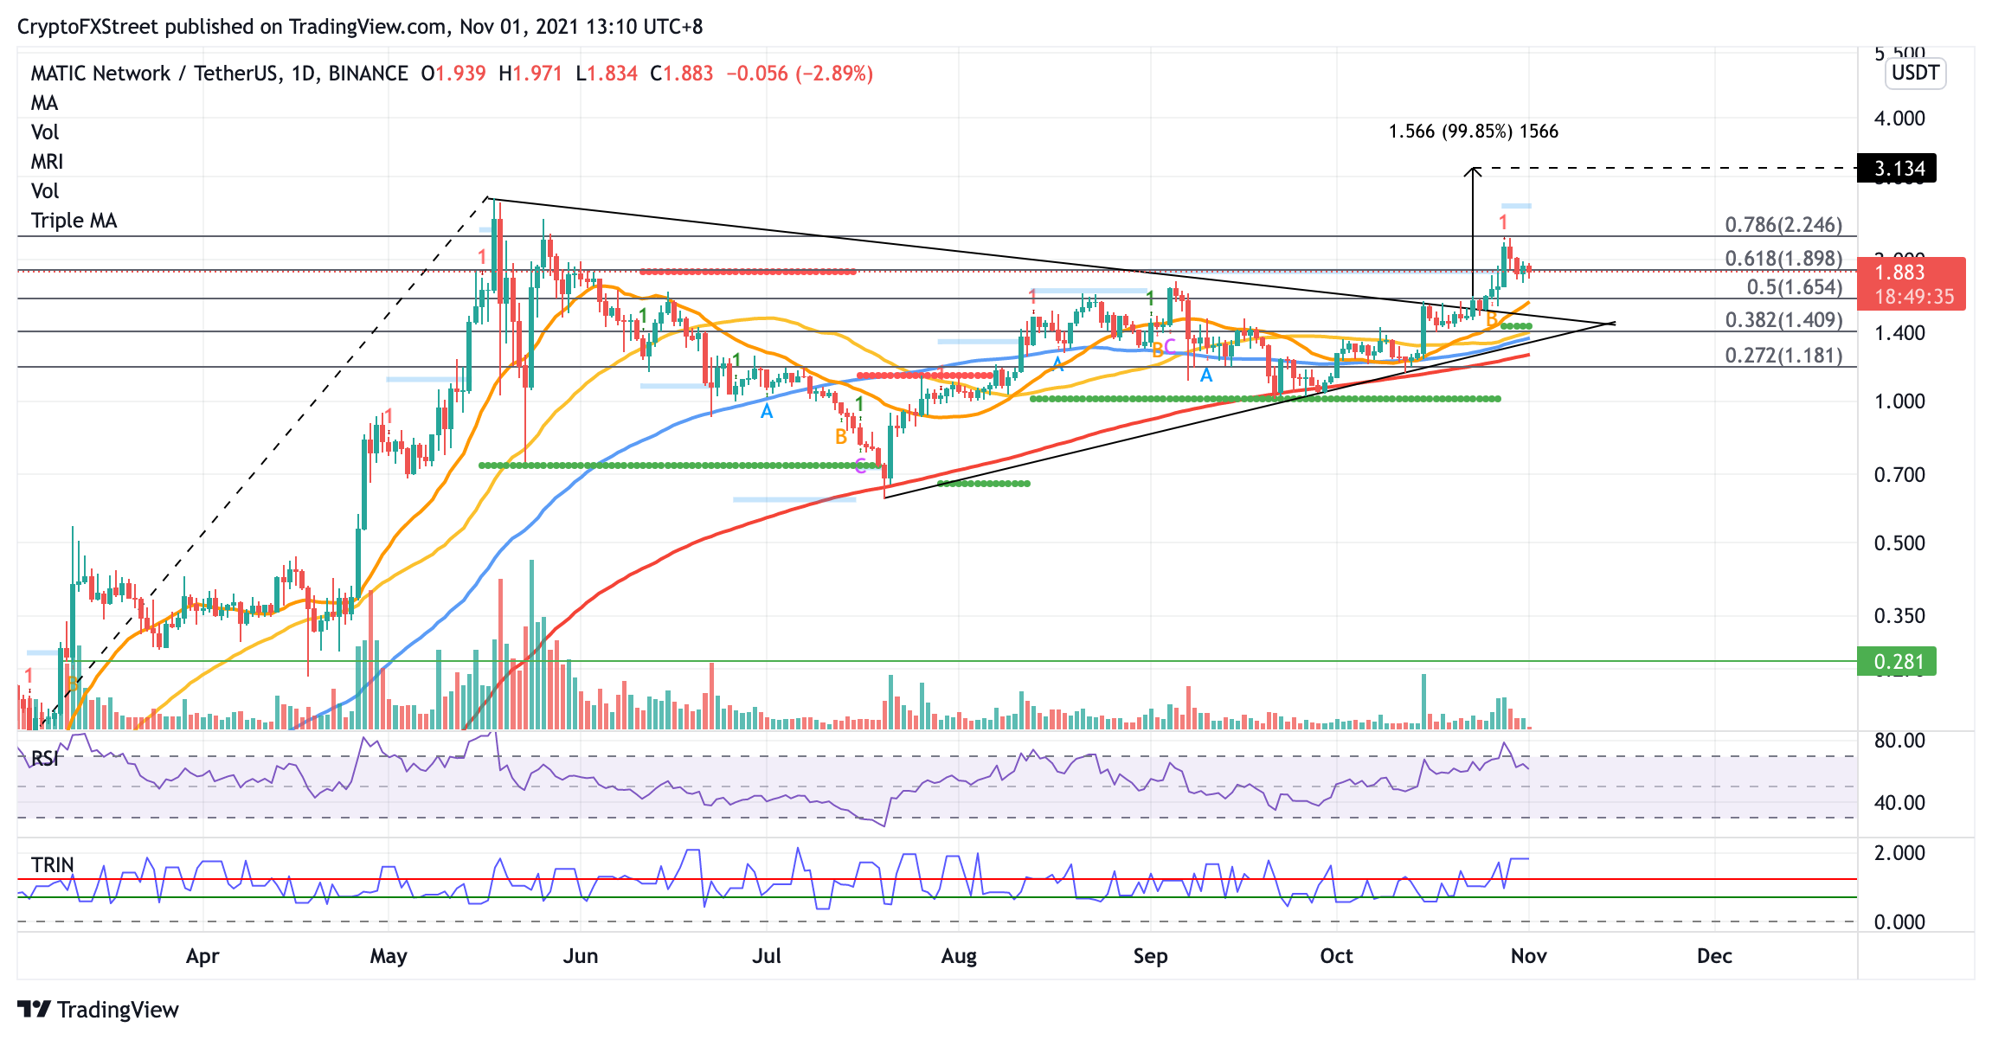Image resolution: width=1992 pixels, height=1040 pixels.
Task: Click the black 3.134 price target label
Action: pyautogui.click(x=1897, y=168)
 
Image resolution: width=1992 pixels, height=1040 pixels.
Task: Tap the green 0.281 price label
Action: pyautogui.click(x=1897, y=662)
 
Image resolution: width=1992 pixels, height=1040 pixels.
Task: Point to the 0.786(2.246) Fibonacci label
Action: pyautogui.click(x=1783, y=225)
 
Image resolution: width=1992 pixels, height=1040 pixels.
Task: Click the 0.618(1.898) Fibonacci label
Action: pyautogui.click(x=1783, y=259)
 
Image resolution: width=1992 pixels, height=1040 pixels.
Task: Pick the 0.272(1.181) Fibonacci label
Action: pyautogui.click(x=1783, y=356)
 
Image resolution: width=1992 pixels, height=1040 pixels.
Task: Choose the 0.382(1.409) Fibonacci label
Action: pyautogui.click(x=1783, y=320)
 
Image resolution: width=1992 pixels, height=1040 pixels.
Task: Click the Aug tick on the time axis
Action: pyautogui.click(x=959, y=956)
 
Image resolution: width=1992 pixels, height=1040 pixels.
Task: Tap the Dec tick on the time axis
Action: pyautogui.click(x=1714, y=956)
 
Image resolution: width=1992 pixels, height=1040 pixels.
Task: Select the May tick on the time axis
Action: pyautogui.click(x=389, y=956)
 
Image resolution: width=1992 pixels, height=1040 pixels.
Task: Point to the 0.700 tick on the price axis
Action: pyautogui.click(x=1899, y=475)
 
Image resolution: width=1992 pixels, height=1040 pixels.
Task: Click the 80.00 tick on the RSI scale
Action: pyautogui.click(x=1899, y=741)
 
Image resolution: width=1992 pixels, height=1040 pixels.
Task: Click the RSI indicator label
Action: pyautogui.click(x=45, y=759)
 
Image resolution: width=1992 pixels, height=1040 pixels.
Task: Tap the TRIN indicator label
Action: pyautogui.click(x=52, y=865)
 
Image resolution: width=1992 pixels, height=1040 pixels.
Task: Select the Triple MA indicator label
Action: pyautogui.click(x=74, y=221)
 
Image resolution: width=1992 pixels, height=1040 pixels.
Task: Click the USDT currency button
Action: pyautogui.click(x=1915, y=73)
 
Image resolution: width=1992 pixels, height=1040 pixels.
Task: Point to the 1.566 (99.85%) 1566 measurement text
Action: pyautogui.click(x=1473, y=132)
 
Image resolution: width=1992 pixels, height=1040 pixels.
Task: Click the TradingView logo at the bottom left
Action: pyautogui.click(x=98, y=1010)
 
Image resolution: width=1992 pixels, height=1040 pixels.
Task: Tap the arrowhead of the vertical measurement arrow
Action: pyautogui.click(x=1473, y=171)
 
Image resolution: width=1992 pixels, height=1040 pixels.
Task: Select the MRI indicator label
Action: pyautogui.click(x=47, y=162)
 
